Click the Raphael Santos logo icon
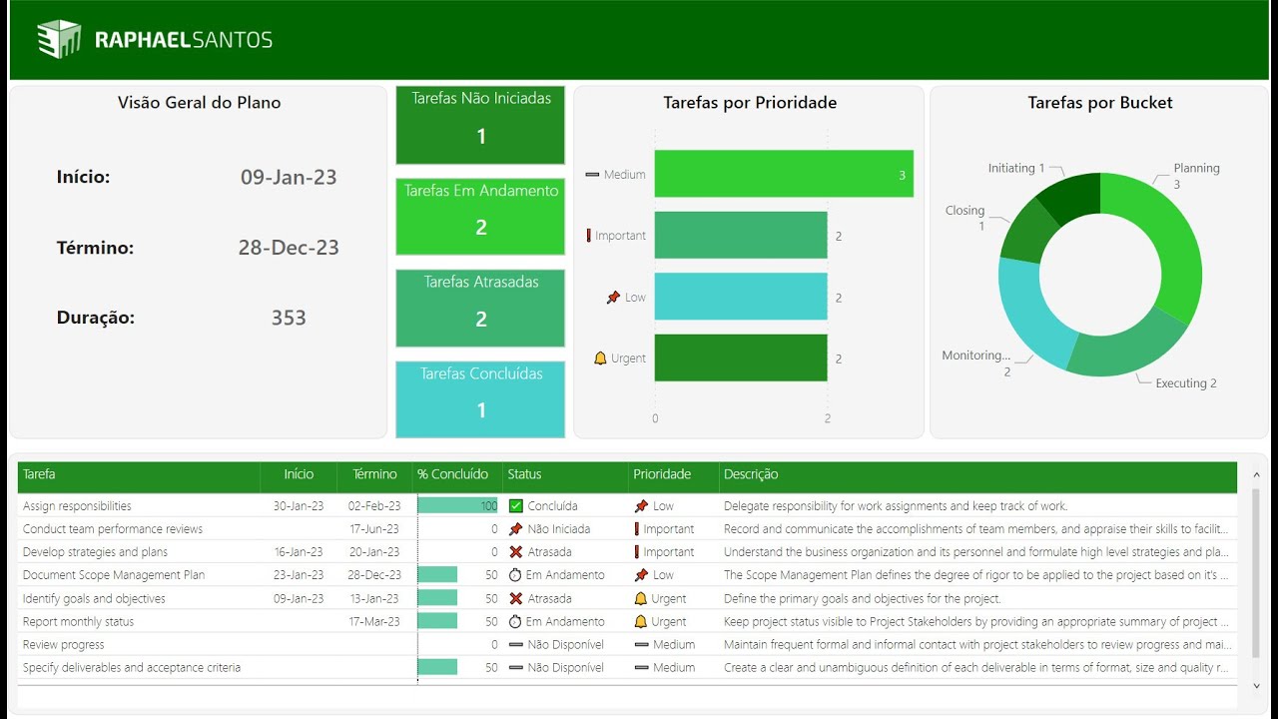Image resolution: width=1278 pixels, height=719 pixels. (x=58, y=39)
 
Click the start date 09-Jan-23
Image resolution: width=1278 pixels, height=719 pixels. (x=289, y=178)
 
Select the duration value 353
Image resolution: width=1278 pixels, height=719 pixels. (x=289, y=318)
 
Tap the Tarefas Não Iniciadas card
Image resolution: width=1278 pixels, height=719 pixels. (x=480, y=125)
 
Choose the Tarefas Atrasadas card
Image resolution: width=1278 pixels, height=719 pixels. (x=480, y=308)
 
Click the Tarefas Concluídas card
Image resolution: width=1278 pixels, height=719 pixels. (x=480, y=399)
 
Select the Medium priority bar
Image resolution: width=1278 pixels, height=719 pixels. (x=784, y=174)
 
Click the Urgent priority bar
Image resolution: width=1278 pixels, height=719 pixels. (x=741, y=358)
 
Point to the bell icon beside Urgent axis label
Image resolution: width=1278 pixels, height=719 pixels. (x=600, y=359)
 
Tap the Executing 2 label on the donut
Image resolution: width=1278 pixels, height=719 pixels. (x=1185, y=383)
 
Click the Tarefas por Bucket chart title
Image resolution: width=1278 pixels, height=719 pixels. (x=1099, y=103)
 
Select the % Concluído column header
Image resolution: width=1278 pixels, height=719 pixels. (x=453, y=474)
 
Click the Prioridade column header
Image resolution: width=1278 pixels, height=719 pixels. (x=662, y=474)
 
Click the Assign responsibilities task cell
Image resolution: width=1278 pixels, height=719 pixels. (x=77, y=506)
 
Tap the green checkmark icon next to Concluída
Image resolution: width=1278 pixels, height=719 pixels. (x=516, y=506)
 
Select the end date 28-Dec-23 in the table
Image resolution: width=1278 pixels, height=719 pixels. (x=374, y=575)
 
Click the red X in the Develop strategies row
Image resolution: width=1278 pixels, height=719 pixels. (x=516, y=552)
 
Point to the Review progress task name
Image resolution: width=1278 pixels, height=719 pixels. (x=64, y=645)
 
